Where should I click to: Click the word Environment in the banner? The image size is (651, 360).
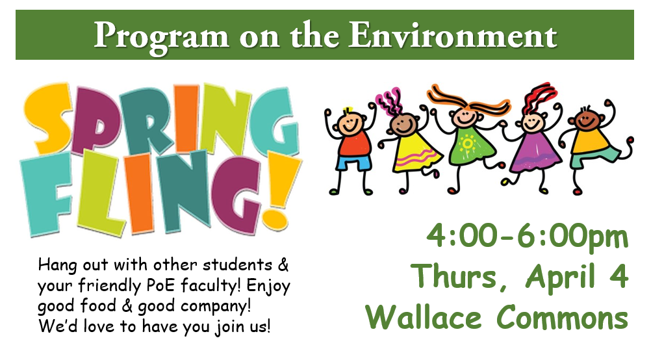[x=453, y=35]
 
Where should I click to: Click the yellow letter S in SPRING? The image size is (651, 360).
[x=48, y=118]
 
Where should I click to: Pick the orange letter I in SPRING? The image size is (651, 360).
[x=186, y=118]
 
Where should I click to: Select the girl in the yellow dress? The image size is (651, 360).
[x=408, y=143]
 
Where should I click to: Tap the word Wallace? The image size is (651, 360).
[x=424, y=317]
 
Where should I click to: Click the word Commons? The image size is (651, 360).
[x=562, y=317]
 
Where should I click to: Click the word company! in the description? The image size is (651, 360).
[x=216, y=307]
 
